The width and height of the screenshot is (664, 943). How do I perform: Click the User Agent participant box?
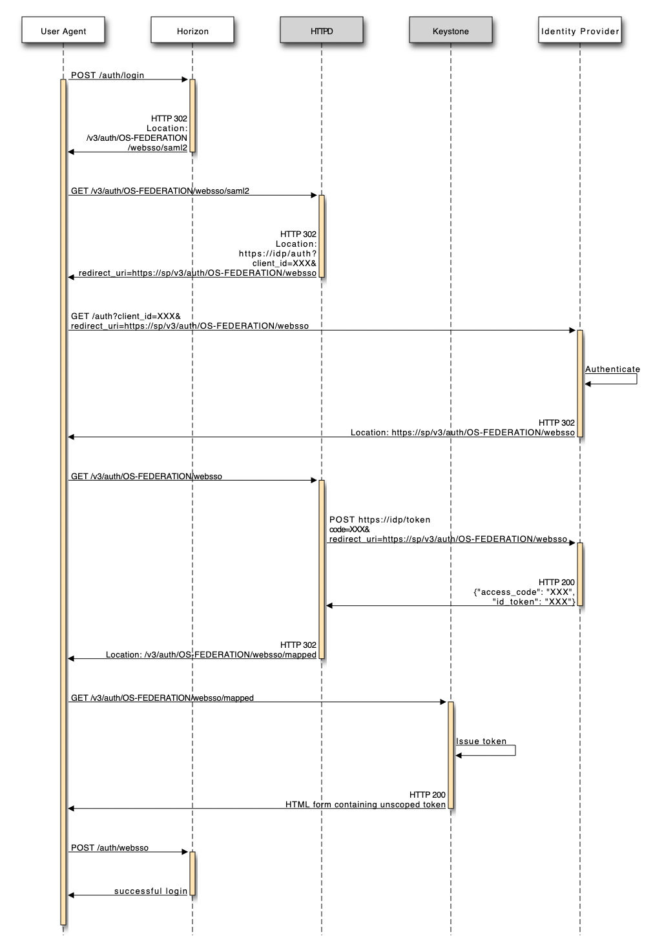pyautogui.click(x=63, y=30)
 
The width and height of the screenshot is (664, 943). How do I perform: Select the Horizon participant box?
pyautogui.click(x=192, y=30)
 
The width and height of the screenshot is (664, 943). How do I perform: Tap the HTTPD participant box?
pyautogui.click(x=322, y=30)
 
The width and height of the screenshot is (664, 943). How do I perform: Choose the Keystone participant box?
pyautogui.click(x=451, y=30)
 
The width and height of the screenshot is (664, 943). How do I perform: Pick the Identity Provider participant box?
pyautogui.click(x=580, y=30)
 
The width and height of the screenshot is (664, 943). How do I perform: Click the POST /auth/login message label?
pyautogui.click(x=107, y=76)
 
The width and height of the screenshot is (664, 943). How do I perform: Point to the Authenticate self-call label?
pyautogui.click(x=612, y=369)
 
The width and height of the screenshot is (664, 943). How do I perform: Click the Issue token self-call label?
pyautogui.click(x=481, y=741)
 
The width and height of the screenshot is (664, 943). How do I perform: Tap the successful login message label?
pyautogui.click(x=150, y=891)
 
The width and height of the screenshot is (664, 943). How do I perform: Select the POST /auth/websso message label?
pyautogui.click(x=109, y=848)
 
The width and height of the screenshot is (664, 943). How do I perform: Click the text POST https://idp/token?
pyautogui.click(x=380, y=520)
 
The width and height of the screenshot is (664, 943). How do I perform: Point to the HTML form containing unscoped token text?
pyautogui.click(x=366, y=805)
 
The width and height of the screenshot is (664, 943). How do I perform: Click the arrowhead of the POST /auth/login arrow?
pyautogui.click(x=185, y=79)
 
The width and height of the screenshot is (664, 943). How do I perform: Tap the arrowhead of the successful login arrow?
pyautogui.click(x=71, y=895)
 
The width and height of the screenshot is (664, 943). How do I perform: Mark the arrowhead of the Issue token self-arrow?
pyautogui.click(x=459, y=756)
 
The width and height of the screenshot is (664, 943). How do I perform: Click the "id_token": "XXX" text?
pyautogui.click(x=533, y=602)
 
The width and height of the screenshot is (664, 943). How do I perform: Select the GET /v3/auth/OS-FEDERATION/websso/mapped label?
pyautogui.click(x=162, y=698)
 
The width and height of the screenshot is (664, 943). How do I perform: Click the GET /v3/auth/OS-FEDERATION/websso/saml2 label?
pyautogui.click(x=160, y=191)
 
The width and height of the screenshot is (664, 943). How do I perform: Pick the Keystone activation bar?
pyautogui.click(x=451, y=755)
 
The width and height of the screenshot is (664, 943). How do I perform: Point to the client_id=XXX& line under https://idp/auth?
pyautogui.click(x=284, y=264)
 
